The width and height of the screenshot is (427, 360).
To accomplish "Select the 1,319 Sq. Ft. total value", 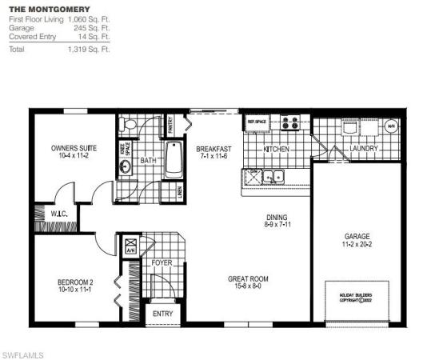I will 94,49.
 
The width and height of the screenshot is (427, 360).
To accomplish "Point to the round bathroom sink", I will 126,167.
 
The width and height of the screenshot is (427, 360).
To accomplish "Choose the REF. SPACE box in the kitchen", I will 256,122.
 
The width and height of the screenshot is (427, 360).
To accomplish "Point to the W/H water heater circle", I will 391,126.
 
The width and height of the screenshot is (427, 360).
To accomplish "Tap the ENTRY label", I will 163,314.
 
